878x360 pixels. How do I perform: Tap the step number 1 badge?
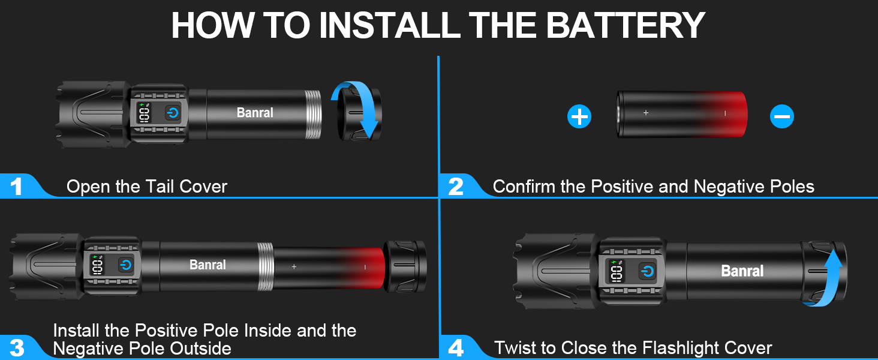coord(17,187)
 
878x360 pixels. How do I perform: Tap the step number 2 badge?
coord(456,187)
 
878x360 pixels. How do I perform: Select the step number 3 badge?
coord(17,348)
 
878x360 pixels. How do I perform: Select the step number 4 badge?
coord(456,348)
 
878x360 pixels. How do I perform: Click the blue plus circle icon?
coord(579,116)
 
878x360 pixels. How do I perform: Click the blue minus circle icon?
coord(781,116)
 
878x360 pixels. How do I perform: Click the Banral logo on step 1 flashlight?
coord(255,112)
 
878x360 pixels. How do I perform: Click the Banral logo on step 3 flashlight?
coord(208,265)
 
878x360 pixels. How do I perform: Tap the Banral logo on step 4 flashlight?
coord(742,271)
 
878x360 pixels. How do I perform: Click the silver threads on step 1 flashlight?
coord(312,114)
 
